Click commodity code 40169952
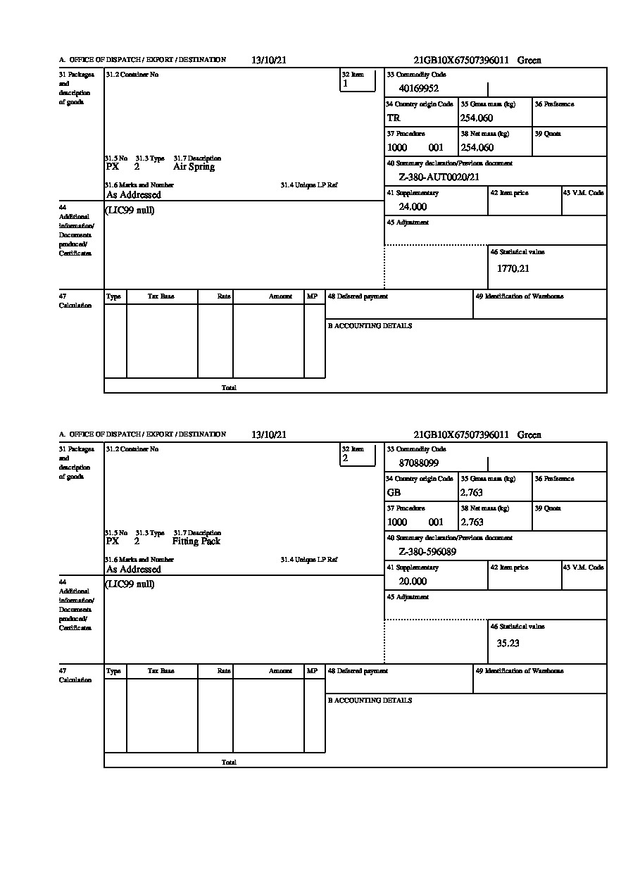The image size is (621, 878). [418, 89]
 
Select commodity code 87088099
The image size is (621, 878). [418, 463]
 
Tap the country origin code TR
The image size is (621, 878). [394, 118]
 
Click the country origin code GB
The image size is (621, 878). [394, 493]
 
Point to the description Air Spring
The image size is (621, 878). [194, 167]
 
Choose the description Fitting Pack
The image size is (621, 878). [196, 541]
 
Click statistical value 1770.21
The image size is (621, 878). [513, 268]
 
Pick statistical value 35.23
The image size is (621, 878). [508, 643]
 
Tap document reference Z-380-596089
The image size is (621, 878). [427, 552]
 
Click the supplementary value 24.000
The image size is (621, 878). [413, 207]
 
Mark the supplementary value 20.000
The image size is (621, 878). [413, 582]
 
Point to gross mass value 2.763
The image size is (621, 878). [472, 493]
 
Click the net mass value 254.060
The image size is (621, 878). [477, 148]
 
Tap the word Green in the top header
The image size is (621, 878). [529, 61]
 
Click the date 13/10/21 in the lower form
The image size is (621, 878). [269, 435]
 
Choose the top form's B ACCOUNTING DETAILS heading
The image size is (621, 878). [370, 326]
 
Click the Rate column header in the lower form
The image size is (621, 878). [224, 671]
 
